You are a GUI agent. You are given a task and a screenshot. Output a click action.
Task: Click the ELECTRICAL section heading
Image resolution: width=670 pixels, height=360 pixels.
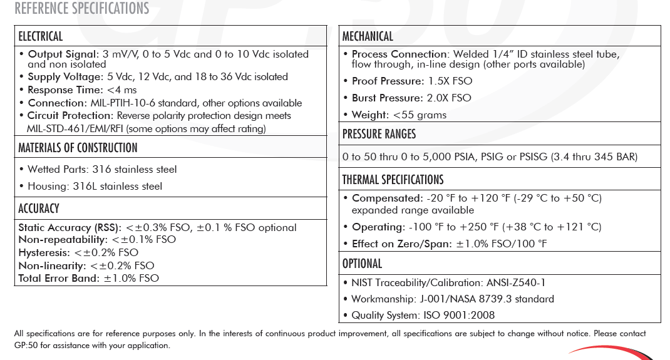point(41,36)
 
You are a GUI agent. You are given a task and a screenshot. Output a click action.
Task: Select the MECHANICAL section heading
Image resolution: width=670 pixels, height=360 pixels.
point(368,36)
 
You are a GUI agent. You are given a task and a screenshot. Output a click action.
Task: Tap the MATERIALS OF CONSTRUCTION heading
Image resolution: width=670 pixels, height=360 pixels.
point(78,148)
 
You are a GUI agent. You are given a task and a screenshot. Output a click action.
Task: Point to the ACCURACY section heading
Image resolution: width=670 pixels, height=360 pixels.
point(39,208)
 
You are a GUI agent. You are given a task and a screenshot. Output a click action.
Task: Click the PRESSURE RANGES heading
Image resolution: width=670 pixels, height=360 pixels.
point(379,134)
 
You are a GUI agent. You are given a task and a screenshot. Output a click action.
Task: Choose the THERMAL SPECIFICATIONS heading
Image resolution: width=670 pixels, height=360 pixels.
point(393,180)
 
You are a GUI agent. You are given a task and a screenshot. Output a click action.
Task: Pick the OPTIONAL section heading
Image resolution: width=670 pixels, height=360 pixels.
point(362,263)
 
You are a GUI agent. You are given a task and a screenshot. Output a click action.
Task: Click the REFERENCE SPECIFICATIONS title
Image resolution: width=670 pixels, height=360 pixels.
point(81,9)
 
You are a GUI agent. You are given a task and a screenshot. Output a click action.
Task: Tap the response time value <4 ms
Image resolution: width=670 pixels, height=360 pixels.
point(121,90)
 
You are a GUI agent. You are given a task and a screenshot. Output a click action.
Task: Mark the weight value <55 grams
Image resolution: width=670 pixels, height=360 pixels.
point(420,115)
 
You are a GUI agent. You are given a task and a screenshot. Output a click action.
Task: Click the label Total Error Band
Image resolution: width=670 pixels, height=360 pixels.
point(58,278)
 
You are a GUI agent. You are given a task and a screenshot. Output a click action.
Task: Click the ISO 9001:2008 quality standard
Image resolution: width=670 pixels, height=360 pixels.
point(459,316)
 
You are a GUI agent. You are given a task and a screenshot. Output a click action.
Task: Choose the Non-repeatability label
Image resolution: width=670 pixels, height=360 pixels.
point(63,240)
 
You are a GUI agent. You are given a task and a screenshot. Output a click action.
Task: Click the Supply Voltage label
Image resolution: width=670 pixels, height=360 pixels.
point(65,77)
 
